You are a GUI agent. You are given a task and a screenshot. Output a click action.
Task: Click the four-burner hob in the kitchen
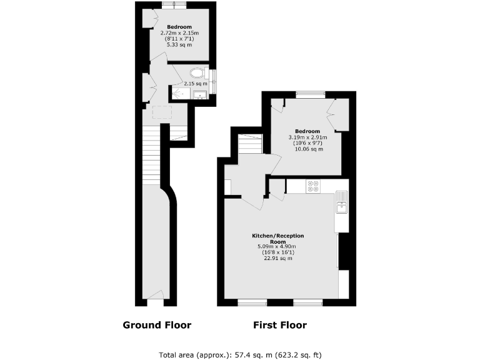point(313,186)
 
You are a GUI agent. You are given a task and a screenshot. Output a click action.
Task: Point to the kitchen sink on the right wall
point(342,202)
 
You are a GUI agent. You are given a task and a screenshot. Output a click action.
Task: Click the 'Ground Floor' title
point(157,325)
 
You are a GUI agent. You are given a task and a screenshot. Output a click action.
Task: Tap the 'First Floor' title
point(279,325)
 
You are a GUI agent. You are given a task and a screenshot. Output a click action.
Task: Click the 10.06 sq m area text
point(309,149)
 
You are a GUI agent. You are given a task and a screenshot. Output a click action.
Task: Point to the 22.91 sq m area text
point(277,258)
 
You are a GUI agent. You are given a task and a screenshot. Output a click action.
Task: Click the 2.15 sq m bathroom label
point(195,84)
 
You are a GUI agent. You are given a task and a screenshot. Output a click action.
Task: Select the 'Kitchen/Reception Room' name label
point(277,238)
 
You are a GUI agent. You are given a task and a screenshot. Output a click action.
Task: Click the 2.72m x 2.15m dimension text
point(178,32)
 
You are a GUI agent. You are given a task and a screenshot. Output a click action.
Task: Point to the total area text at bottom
point(241,354)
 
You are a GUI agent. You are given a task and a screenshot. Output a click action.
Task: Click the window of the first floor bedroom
point(311,95)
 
